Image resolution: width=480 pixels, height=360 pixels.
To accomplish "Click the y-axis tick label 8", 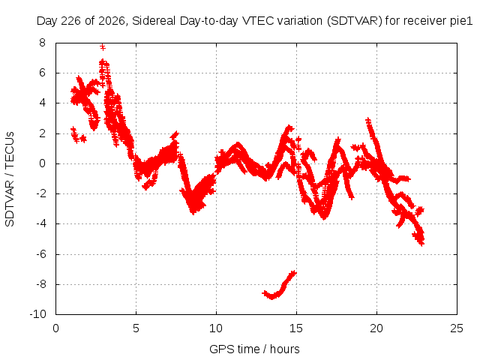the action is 42,43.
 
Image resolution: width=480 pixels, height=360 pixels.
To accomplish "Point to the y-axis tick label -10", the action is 37,314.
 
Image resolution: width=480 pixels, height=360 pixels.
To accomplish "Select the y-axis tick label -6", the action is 40,254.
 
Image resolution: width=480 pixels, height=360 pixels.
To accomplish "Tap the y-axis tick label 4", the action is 42,103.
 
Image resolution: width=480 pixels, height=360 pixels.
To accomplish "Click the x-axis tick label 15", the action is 296,328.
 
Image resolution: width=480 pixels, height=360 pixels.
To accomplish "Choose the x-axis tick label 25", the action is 457,328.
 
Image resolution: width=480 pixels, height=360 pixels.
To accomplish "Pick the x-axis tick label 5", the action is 136,328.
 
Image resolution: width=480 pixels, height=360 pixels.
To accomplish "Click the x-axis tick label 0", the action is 55,328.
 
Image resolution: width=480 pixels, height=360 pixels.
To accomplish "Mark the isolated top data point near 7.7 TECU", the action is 103,47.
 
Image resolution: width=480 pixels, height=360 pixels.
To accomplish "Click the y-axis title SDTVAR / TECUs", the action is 10,179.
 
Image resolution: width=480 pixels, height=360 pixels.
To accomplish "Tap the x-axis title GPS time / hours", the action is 254,349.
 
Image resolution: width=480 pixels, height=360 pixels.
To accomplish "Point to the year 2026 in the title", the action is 112,21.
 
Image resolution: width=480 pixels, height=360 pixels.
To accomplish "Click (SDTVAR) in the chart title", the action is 355,21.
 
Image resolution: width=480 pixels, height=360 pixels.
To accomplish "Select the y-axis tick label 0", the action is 42,163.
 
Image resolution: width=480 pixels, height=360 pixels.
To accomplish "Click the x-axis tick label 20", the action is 376,328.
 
